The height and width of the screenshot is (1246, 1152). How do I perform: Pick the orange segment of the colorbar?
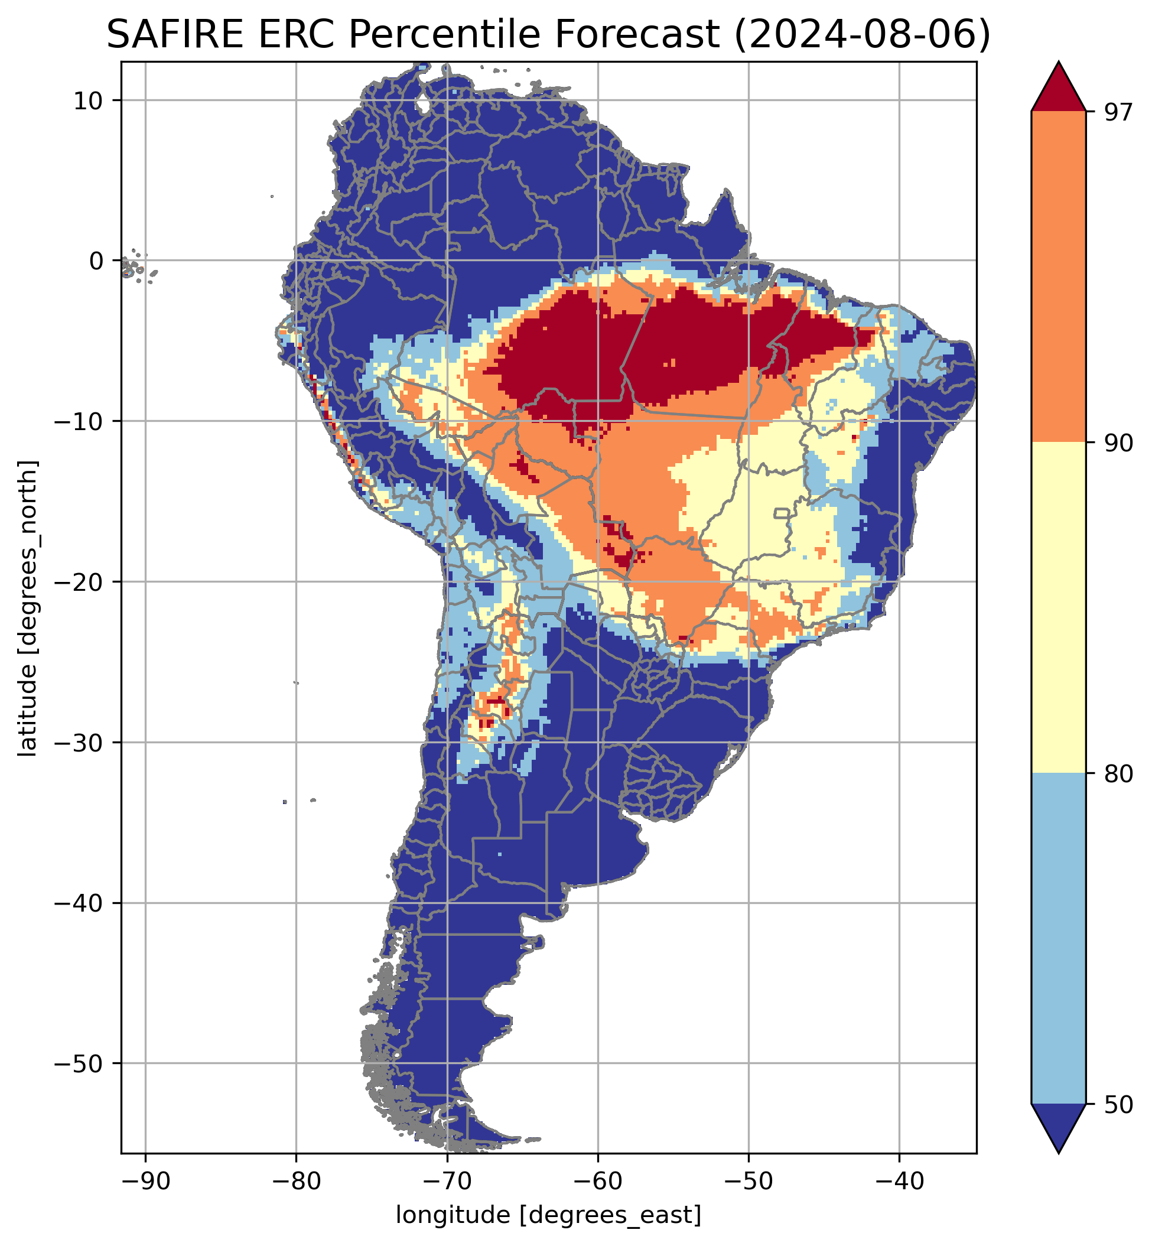(1059, 277)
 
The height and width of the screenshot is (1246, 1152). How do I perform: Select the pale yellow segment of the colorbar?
(1059, 608)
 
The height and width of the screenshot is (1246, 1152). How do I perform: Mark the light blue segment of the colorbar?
(1059, 938)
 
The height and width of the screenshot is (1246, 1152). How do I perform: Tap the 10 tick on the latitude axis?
(88, 100)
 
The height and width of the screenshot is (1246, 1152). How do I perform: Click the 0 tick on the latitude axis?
(95, 261)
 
